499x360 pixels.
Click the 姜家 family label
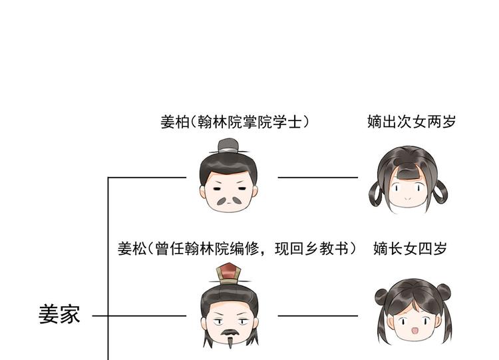click(59, 314)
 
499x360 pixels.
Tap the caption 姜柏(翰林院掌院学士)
click(236, 122)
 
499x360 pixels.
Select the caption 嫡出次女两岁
click(412, 122)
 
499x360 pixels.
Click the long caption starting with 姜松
click(237, 249)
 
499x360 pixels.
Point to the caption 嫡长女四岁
click(411, 249)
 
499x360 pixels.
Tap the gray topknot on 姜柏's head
click(229, 145)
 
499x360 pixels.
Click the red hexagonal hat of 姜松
click(230, 270)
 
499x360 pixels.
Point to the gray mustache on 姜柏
click(230, 199)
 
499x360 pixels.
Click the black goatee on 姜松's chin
click(230, 337)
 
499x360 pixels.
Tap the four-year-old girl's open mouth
click(413, 331)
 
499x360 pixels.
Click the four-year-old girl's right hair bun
click(443, 291)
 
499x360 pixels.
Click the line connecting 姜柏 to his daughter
click(317, 178)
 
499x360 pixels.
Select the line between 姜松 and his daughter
click(317, 315)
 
